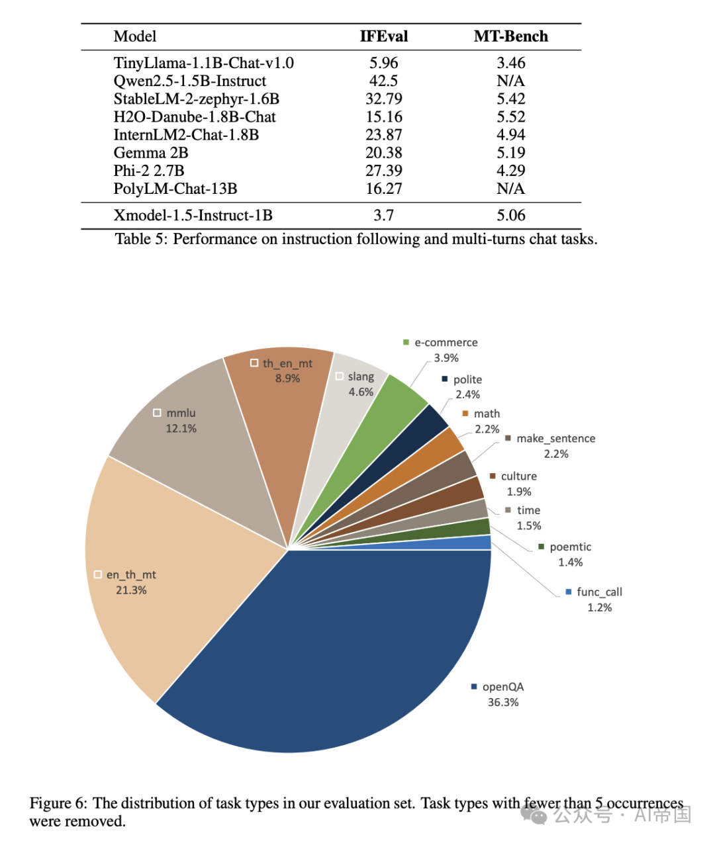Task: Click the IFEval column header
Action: tap(383, 36)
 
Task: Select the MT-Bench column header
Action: tap(510, 36)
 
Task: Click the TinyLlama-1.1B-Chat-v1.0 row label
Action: tap(203, 63)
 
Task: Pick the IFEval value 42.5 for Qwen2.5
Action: tap(383, 81)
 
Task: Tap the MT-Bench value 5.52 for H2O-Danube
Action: tap(510, 117)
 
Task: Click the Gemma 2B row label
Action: tap(151, 153)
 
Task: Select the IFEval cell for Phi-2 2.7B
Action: tap(383, 171)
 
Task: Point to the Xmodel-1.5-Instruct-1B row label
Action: tap(193, 216)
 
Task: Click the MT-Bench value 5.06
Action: tap(510, 216)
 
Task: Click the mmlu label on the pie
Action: tap(181, 413)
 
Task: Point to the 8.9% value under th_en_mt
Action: tap(287, 378)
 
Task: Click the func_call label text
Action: tap(599, 592)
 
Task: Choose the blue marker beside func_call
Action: tap(568, 592)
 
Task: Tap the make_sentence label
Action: tap(555, 439)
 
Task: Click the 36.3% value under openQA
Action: tap(503, 703)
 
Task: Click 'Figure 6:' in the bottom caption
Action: tap(58, 803)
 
